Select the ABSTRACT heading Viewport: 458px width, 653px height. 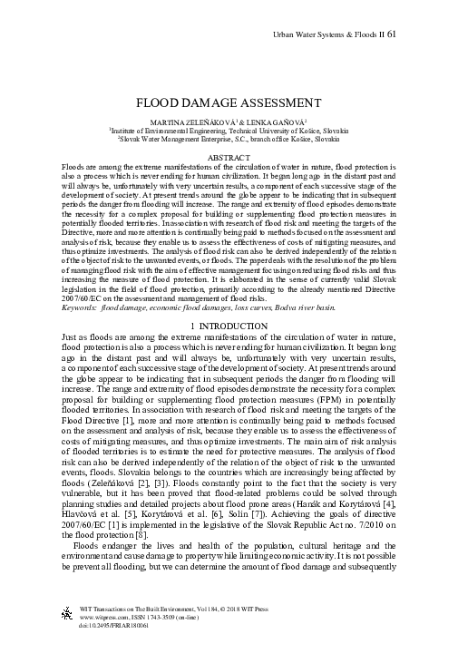click(x=229, y=158)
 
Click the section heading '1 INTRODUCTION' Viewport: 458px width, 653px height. click(x=229, y=326)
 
